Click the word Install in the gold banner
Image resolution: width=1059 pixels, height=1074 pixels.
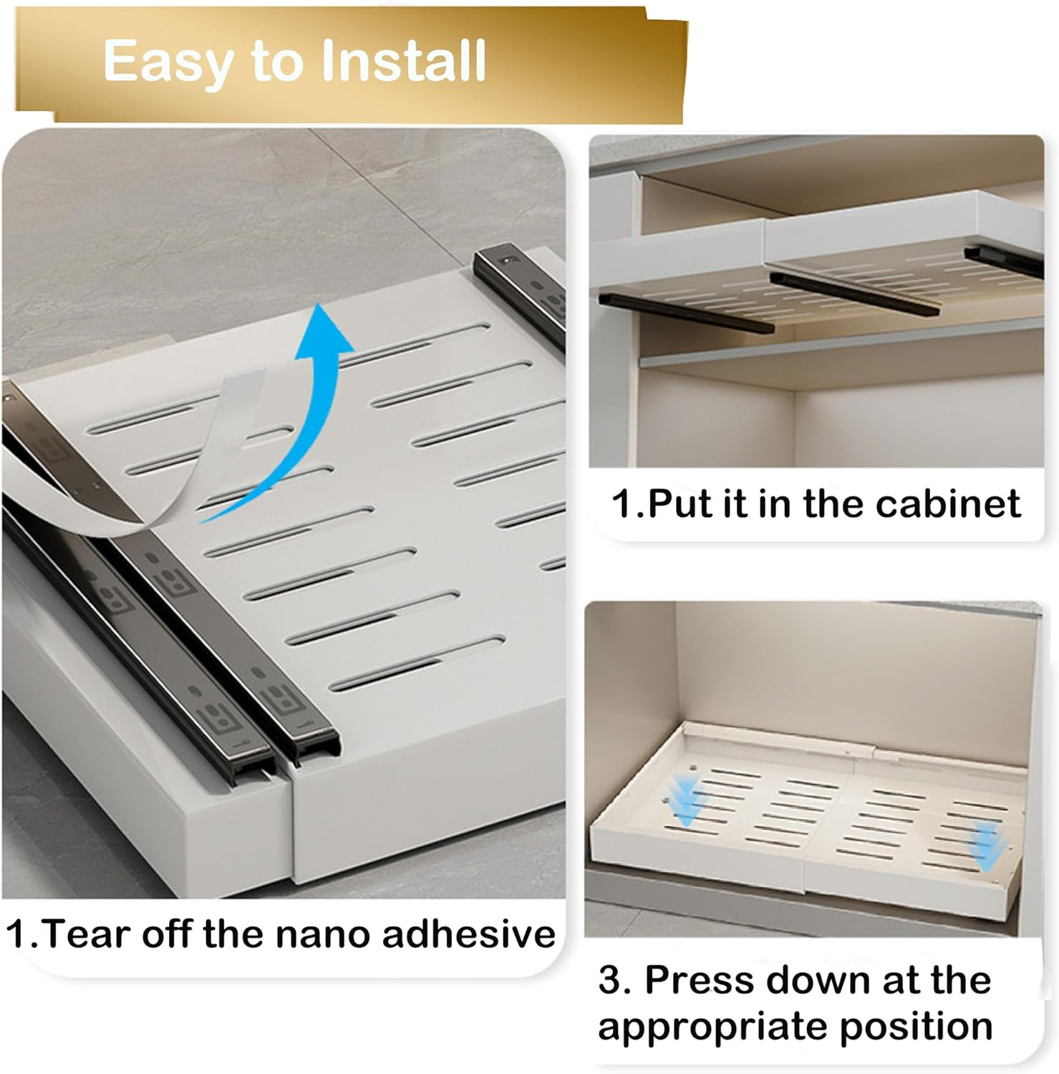tap(404, 60)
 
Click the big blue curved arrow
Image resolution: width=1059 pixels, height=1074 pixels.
tap(286, 408)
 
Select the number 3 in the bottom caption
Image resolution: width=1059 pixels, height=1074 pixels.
tap(610, 979)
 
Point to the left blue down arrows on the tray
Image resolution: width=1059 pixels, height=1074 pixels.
tap(686, 800)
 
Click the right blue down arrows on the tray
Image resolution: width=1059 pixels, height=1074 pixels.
tap(987, 846)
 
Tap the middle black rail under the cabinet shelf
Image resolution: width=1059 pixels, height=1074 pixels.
tap(855, 293)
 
